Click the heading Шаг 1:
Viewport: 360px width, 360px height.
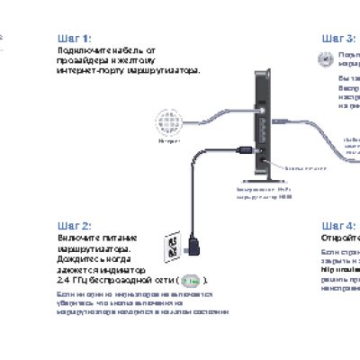(x=73, y=39)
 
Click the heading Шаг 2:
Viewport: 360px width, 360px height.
(x=73, y=225)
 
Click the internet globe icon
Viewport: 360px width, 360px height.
(x=168, y=121)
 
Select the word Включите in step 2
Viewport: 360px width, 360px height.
(x=76, y=237)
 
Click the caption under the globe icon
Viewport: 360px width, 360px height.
(x=168, y=142)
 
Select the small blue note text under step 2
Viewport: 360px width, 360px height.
(x=135, y=302)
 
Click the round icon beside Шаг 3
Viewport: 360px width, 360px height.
(x=326, y=57)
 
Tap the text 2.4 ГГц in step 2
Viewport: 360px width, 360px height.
(x=69, y=281)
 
